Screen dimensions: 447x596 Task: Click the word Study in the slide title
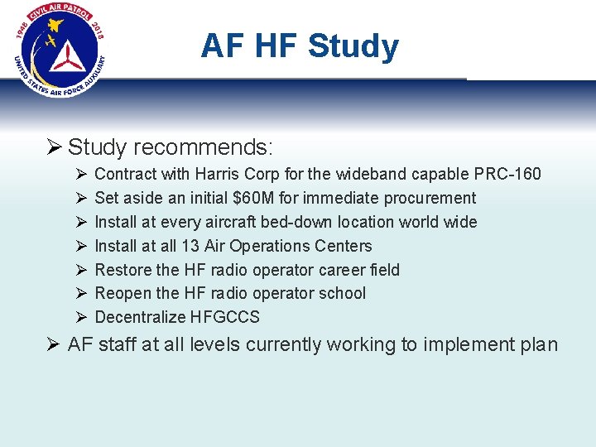click(353, 46)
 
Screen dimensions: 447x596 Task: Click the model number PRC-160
click(507, 174)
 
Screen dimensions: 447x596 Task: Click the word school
click(343, 293)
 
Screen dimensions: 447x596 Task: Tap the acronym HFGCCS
click(224, 317)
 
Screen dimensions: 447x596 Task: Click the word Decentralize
click(141, 317)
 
